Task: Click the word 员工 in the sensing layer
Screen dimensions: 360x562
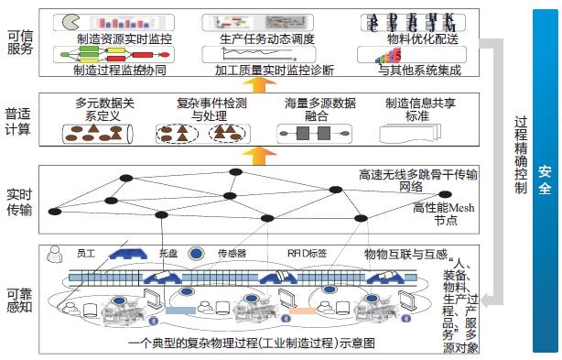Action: [87, 252]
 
